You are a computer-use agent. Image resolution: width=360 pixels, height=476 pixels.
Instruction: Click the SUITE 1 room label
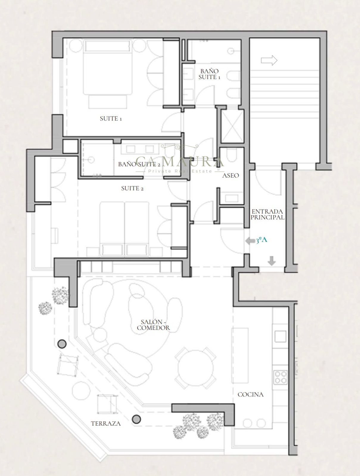(111, 119)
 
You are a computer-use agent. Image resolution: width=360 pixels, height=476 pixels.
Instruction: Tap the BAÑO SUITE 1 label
(209, 74)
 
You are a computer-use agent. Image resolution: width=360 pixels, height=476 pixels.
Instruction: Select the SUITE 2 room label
(133, 188)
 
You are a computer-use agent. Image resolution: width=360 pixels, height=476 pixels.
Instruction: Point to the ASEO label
(230, 176)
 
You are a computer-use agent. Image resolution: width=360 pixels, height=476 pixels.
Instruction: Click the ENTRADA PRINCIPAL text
(267, 214)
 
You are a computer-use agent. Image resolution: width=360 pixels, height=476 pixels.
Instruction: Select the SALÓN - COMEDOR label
(153, 325)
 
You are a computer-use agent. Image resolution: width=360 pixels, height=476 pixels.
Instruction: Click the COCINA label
(251, 394)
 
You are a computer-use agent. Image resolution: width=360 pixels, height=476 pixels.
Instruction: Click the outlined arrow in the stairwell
(269, 60)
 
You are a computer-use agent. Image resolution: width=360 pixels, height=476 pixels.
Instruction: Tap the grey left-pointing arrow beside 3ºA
(250, 241)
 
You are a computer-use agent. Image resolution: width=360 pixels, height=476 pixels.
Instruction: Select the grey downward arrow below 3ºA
(272, 261)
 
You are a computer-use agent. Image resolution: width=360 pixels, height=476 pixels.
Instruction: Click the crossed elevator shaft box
(232, 126)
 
